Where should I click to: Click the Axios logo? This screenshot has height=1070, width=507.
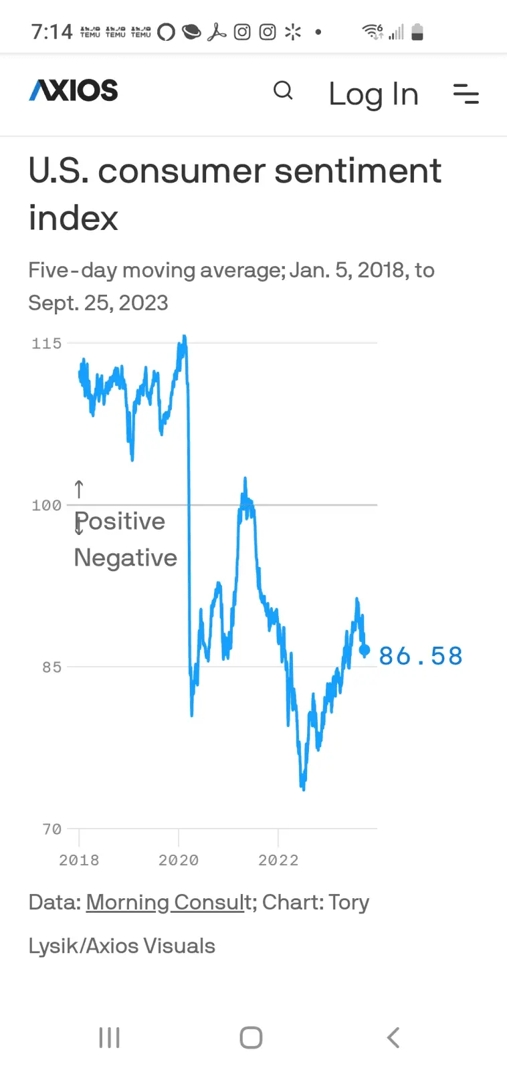73,90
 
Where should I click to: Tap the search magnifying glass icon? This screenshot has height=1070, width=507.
283,90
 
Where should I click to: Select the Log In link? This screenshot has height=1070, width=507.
374,94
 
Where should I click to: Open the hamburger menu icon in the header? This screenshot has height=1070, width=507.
466,94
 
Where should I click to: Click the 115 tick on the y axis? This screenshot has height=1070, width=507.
46,344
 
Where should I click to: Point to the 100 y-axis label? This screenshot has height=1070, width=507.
46,506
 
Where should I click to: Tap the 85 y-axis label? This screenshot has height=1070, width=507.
52,667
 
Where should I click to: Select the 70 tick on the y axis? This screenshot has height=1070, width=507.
52,829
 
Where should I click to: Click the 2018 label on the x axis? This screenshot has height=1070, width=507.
79,860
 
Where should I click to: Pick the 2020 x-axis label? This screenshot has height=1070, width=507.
179,860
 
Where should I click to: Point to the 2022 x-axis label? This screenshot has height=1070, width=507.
278,860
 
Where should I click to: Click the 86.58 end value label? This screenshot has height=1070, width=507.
421,656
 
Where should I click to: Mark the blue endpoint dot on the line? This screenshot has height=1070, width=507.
365,650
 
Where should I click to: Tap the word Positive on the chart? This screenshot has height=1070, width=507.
120,521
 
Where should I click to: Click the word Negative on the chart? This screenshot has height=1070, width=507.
126,558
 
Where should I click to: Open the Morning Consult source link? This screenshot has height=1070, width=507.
169,902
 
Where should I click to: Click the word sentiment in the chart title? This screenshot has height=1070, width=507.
358,171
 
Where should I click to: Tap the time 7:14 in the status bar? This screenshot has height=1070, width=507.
52,32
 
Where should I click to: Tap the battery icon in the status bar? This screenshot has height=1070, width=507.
417,32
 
